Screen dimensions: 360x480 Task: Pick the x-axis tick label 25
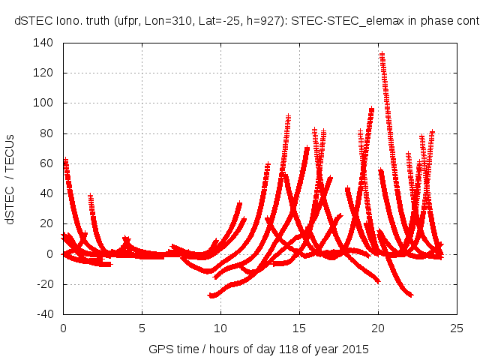coord(457,328)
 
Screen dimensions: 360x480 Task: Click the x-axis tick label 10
coord(220,328)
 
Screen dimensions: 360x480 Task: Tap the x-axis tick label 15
coord(299,328)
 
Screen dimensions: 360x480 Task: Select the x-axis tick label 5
coord(142,328)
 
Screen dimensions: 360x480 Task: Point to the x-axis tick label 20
coord(378,328)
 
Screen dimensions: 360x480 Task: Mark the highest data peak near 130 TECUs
coord(382,55)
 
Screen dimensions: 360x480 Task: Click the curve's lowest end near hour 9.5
coord(211,295)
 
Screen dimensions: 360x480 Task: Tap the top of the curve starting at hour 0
coord(65,160)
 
